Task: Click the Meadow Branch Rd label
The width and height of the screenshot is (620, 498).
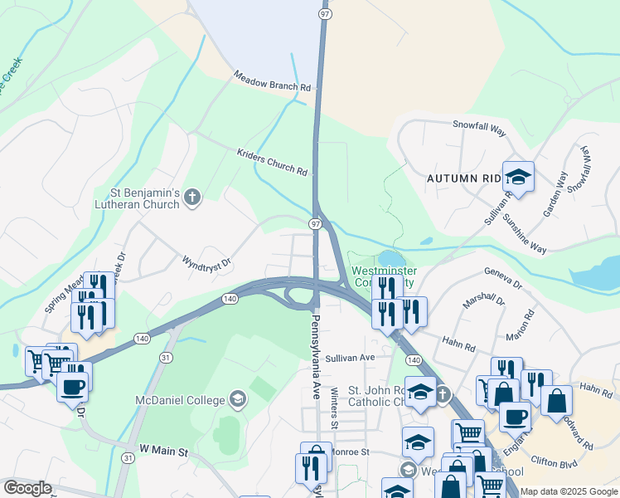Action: click(272, 81)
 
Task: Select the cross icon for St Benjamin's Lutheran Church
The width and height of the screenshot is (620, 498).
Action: click(192, 198)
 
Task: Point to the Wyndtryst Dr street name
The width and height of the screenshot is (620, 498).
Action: click(206, 261)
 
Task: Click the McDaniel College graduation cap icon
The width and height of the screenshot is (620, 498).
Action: click(237, 400)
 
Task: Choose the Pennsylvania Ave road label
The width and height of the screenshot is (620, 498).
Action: click(316, 358)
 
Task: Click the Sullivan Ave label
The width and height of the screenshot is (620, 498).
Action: click(351, 358)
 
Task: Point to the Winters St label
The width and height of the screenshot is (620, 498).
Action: click(335, 408)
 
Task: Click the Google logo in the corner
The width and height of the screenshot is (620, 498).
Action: click(27, 488)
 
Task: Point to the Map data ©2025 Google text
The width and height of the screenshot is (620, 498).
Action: click(569, 491)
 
